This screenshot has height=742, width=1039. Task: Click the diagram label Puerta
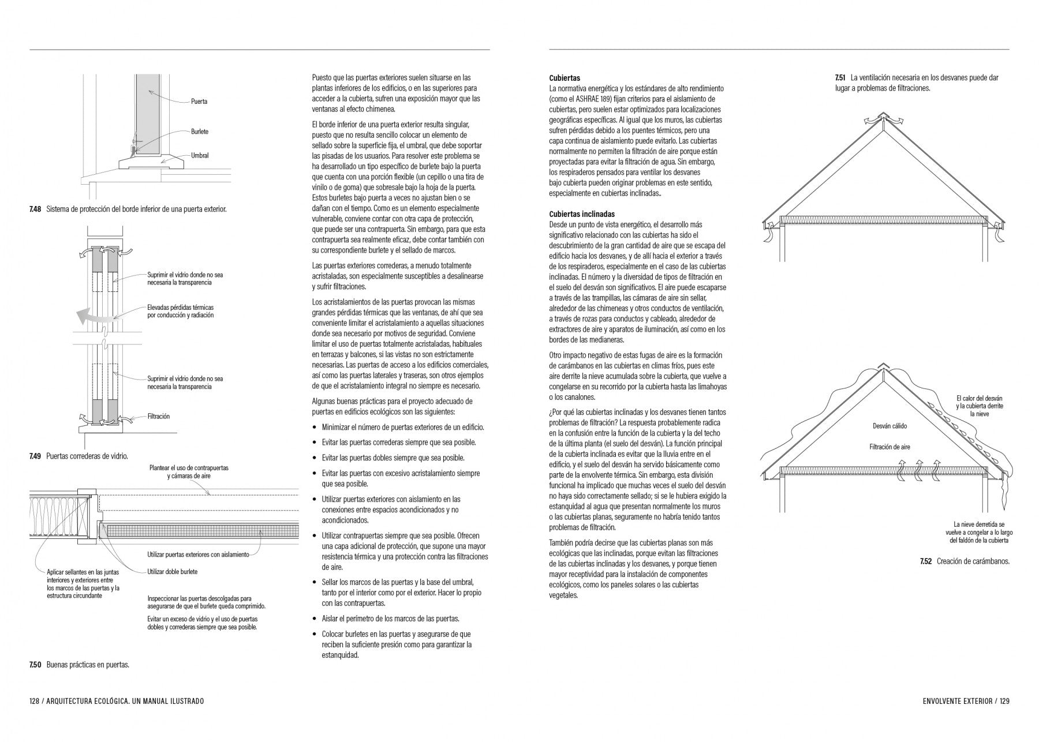point(199,102)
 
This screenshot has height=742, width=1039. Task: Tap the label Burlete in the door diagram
point(200,132)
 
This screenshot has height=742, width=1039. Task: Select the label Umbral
point(200,156)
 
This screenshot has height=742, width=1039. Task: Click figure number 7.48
point(35,209)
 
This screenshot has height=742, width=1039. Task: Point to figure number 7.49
point(35,456)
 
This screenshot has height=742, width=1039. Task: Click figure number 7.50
point(35,665)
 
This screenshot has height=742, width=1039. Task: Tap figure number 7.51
point(840,78)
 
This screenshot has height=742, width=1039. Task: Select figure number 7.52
point(926,561)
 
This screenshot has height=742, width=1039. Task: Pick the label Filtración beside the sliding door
point(159,416)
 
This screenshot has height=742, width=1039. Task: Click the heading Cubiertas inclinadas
point(582,214)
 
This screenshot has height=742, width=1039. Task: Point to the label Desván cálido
point(889,426)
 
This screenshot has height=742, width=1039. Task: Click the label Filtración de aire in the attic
point(889,447)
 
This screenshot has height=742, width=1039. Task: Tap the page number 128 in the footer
point(34,702)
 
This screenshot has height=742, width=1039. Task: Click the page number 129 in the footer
point(1004,702)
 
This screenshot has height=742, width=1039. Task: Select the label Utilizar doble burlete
point(172,572)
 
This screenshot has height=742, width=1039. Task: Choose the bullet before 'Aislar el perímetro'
point(315,619)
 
